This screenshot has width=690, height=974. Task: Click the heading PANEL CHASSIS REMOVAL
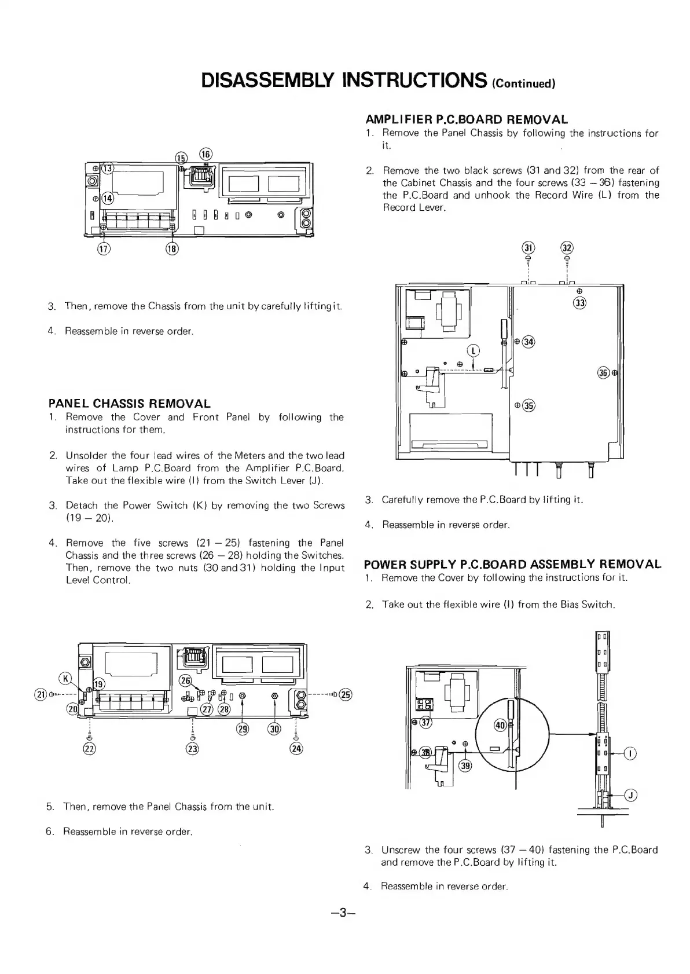[129, 404]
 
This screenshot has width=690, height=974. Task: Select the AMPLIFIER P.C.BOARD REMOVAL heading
[467, 120]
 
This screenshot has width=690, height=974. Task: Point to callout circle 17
[104, 249]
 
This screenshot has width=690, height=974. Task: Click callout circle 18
[172, 249]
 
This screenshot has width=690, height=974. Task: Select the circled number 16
[206, 154]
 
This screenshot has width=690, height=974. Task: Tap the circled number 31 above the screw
[528, 248]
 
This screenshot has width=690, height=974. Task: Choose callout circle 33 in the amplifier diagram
[580, 303]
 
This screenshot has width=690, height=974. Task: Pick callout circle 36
[603, 373]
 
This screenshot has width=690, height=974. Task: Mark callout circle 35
[528, 405]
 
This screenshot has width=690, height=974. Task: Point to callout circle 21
[41, 695]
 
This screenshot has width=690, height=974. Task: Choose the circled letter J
[631, 795]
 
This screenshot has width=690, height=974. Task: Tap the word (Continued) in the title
[523, 82]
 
